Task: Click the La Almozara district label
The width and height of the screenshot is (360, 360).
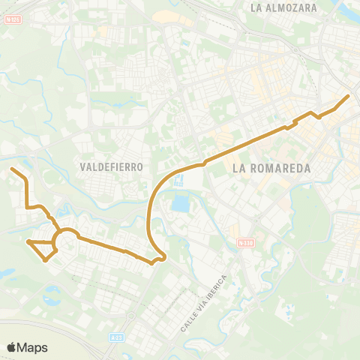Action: pyautogui.click(x=284, y=8)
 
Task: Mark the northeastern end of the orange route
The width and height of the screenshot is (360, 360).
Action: pyautogui.click(x=348, y=96)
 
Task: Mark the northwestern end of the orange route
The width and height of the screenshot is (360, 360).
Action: pyautogui.click(x=11, y=169)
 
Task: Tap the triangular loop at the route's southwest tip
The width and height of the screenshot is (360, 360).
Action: pyautogui.click(x=42, y=249)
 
